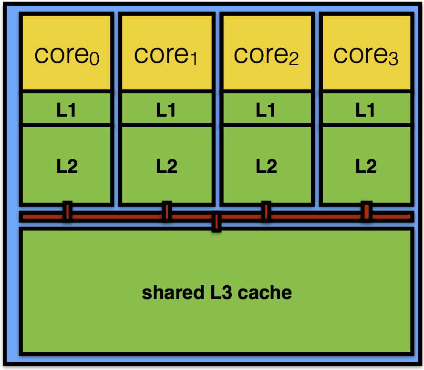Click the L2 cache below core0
pyautogui.click(x=66, y=165)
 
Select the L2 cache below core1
pyautogui.click(x=166, y=165)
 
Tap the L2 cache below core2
pyautogui.click(x=266, y=165)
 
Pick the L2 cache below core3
pyautogui.click(x=366, y=165)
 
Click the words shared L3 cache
pyautogui.click(x=217, y=292)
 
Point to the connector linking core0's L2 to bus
pyautogui.click(x=68, y=211)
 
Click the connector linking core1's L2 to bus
pyautogui.click(x=166, y=211)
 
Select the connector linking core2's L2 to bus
pyautogui.click(x=266, y=211)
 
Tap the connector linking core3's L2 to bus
pyautogui.click(x=366, y=211)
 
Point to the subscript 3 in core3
pyautogui.click(x=393, y=59)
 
